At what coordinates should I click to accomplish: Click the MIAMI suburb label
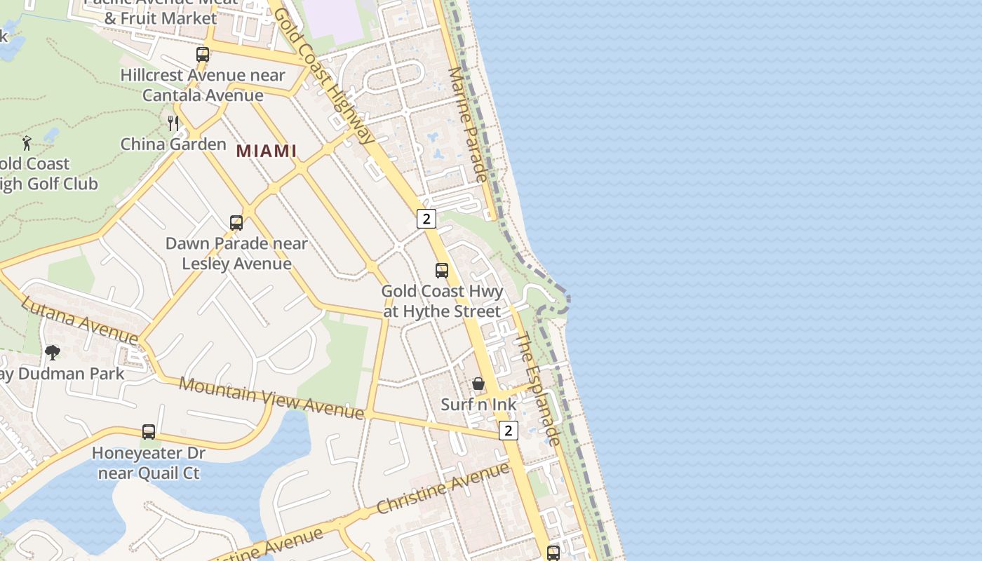[266, 151]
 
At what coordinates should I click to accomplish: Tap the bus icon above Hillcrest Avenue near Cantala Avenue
[203, 54]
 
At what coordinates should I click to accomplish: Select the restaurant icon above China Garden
[173, 123]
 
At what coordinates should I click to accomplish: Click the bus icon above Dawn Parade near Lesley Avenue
[236, 223]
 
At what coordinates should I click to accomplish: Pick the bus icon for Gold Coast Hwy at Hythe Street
[442, 271]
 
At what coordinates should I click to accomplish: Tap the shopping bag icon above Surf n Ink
[478, 384]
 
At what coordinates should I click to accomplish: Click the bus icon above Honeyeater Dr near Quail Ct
[149, 432]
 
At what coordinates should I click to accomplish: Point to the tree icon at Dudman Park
[52, 352]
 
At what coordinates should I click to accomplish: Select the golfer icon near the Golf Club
[27, 143]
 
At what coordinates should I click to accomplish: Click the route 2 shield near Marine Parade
[426, 219]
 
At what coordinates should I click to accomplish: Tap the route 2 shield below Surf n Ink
[509, 431]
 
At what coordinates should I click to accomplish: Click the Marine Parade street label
[467, 124]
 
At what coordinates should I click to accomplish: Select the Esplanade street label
[539, 388]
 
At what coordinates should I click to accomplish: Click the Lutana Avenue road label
[79, 320]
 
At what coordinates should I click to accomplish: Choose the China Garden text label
[173, 144]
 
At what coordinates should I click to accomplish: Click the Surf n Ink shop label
[478, 405]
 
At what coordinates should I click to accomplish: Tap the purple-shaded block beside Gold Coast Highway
[332, 20]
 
